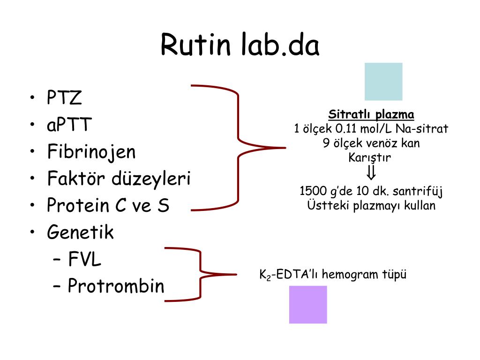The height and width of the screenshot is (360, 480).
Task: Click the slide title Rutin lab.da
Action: click(240, 45)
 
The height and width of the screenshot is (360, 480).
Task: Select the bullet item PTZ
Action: click(64, 97)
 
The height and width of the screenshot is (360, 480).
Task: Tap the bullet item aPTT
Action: click(69, 125)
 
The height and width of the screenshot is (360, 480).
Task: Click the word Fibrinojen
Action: click(91, 152)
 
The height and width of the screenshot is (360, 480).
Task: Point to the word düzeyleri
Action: click(151, 178)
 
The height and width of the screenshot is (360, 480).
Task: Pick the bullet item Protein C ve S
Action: click(108, 205)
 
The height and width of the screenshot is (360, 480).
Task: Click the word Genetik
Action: click(80, 232)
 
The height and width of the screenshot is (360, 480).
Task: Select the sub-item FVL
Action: click(84, 259)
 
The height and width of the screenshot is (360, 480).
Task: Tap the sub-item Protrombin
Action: click(116, 285)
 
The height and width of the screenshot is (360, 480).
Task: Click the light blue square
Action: click(383, 82)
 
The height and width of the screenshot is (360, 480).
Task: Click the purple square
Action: click(308, 305)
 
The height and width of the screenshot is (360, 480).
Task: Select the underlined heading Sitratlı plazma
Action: click(371, 114)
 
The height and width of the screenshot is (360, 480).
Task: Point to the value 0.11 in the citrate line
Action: click(346, 128)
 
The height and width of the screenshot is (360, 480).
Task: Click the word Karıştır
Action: click(370, 157)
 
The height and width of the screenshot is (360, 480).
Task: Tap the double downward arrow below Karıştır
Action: click(371, 172)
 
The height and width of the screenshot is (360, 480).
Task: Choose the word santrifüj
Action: click(418, 191)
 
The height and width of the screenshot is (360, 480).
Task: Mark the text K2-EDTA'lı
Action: click(289, 274)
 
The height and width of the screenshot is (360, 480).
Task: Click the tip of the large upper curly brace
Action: click(285, 148)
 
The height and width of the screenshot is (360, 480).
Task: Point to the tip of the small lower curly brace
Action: click(236, 274)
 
